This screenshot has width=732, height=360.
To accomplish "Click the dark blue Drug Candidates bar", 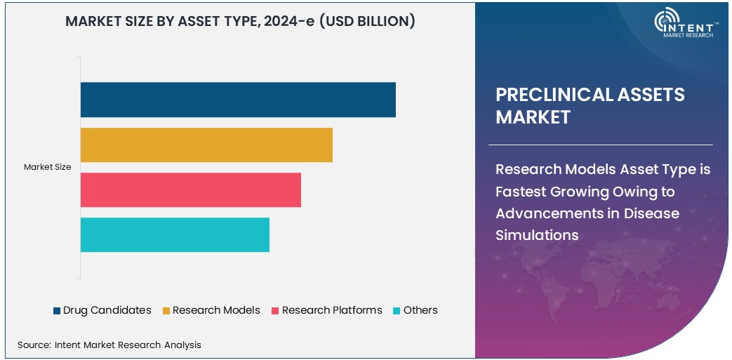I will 238,100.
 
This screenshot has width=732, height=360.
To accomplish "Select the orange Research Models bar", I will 206,145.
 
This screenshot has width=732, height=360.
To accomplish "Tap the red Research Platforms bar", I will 190,190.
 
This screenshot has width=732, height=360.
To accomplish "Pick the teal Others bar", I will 175,235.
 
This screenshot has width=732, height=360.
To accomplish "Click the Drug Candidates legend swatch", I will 56,311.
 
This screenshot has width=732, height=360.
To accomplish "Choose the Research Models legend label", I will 216,310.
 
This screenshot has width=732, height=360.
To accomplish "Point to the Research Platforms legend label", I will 332,310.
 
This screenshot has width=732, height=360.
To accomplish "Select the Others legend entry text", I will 420,310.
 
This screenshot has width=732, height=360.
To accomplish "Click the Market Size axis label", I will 47,167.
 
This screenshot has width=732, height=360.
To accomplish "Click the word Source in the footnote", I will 33,345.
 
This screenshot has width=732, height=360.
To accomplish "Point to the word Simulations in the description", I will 537,235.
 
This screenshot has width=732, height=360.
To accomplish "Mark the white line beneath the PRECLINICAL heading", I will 600,145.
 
